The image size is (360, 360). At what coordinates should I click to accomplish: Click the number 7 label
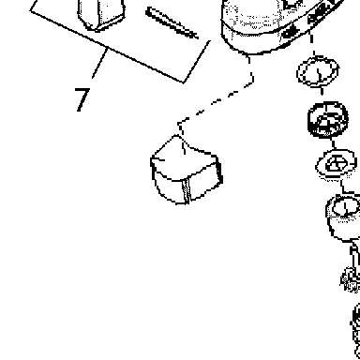82,99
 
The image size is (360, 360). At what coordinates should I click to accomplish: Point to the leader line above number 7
100,63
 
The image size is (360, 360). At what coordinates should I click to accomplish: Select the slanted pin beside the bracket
172,22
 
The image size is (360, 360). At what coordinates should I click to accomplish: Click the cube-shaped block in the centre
187,170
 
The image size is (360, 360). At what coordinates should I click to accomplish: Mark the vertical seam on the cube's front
187,191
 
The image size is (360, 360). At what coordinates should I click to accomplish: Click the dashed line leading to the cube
216,100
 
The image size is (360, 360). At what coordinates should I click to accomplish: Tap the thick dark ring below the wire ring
327,119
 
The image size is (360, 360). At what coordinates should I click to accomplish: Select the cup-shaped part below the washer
344,218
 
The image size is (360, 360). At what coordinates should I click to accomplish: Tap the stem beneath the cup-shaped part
354,257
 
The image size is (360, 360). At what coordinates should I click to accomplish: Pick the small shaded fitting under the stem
351,279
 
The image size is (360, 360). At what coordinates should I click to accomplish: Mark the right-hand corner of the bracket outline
184,82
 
